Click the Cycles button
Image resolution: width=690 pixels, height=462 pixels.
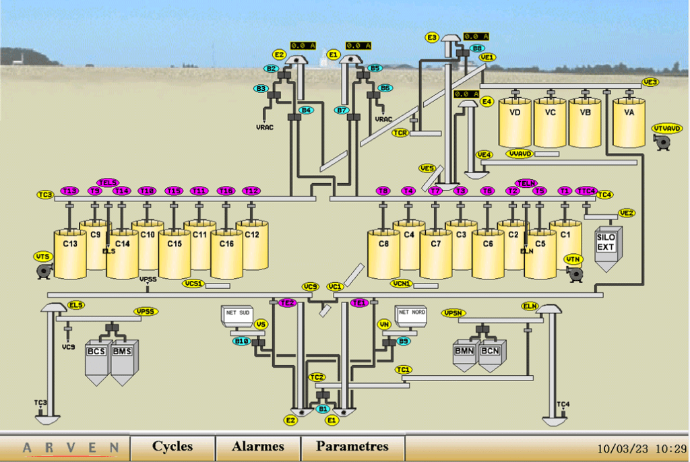(172, 447)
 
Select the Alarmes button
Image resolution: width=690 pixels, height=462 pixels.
(258, 447)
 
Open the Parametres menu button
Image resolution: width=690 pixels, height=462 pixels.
(352, 447)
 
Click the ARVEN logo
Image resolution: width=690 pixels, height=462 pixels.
(71, 447)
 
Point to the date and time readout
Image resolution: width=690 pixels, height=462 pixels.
(641, 449)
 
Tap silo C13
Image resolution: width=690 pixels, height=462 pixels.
(70, 254)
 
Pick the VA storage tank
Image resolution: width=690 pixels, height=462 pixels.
(629, 122)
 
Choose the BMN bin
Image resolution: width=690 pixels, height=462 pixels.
(464, 355)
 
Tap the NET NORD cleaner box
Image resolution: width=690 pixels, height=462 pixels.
(412, 315)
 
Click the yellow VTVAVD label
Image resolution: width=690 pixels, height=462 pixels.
(666, 128)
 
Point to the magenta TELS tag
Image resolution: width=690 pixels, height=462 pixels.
(108, 183)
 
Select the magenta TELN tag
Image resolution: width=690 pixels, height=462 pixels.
(526, 183)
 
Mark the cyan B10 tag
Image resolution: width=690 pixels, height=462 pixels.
(241, 341)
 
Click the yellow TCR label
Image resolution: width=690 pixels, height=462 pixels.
(401, 133)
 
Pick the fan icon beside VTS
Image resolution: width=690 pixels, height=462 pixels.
(45, 271)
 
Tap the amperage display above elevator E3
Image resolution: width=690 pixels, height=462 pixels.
(476, 36)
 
